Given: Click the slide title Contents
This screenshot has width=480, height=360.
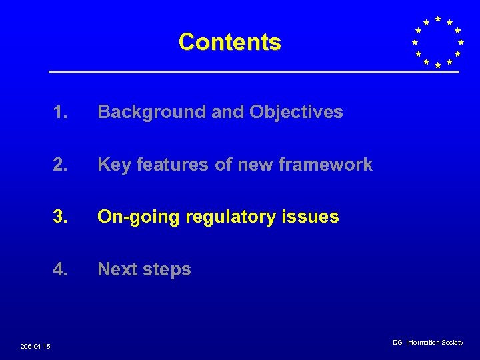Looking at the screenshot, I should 230,42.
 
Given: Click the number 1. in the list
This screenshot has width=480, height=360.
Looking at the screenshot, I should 61,112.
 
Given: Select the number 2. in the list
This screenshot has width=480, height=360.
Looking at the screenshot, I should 61,165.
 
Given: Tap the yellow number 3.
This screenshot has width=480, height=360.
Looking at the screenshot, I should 61,217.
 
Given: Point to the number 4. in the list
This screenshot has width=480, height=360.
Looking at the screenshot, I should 61,269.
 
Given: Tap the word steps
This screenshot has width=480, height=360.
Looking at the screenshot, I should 167,269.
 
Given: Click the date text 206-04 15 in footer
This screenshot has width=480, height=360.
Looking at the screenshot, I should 35,346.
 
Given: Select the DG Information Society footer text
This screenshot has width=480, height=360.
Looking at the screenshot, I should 427,343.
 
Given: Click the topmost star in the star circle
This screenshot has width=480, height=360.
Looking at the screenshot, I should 437,19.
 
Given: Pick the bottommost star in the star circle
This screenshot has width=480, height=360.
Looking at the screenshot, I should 437,65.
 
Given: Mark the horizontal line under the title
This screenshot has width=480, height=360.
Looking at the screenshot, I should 253,72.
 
